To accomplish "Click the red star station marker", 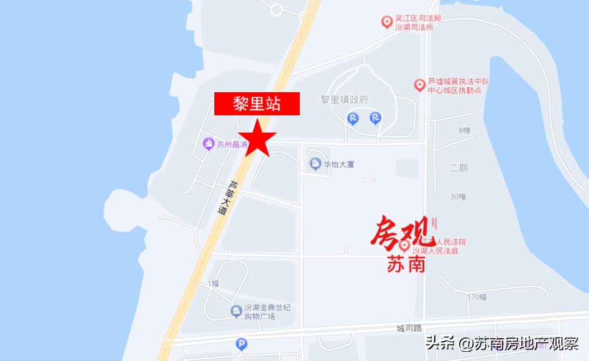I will point(257,139).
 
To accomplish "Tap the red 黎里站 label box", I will point(257,104).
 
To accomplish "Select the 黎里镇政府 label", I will point(344,100).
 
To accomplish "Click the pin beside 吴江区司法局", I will point(387,22).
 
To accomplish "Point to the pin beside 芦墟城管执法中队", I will point(419,85).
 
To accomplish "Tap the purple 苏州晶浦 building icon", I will point(208,144).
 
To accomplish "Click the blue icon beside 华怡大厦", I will point(315,164).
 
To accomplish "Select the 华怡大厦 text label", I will point(339,164).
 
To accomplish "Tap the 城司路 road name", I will point(410,328).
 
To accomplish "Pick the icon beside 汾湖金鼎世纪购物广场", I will point(236,312).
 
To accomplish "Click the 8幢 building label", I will point(464,130).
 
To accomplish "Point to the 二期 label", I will point(459,168).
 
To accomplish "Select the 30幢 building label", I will point(458,197).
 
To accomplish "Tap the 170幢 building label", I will point(477,297).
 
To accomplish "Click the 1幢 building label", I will point(213,283).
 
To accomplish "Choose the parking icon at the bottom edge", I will point(241,344).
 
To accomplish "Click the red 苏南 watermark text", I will point(402,265).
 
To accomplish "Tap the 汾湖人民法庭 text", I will point(439,251).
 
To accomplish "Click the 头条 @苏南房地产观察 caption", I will point(502,344).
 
